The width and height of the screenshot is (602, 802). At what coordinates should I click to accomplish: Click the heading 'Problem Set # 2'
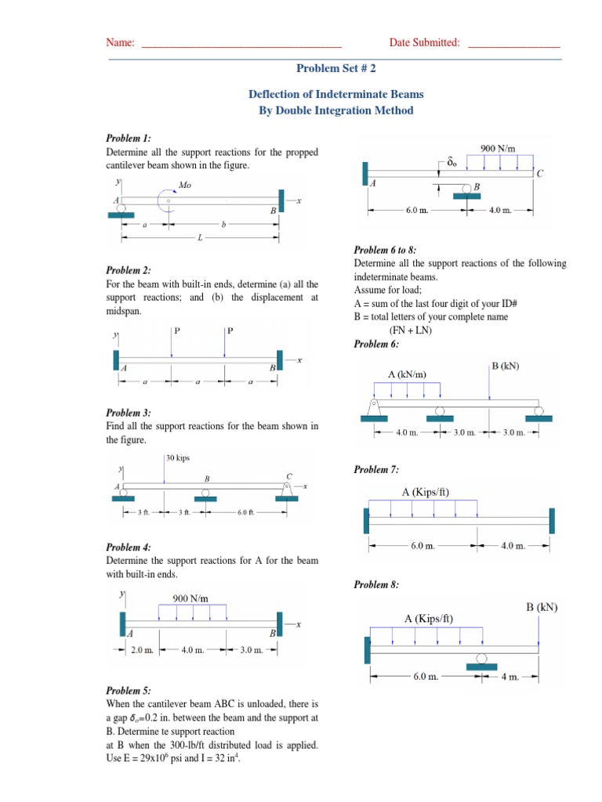click(x=335, y=69)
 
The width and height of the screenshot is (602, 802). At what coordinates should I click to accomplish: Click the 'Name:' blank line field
click(x=241, y=43)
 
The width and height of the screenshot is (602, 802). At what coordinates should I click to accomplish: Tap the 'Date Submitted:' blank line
click(x=513, y=43)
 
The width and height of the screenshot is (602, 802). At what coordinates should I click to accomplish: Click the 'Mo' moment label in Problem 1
click(x=185, y=186)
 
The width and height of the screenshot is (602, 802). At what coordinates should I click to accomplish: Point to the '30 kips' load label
click(x=178, y=457)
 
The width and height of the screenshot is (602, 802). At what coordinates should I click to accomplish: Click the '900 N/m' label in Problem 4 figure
click(x=191, y=598)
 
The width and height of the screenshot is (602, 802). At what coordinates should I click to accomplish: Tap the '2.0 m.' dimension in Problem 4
click(x=141, y=649)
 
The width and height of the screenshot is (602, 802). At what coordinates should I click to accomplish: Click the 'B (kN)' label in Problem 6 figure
click(x=505, y=366)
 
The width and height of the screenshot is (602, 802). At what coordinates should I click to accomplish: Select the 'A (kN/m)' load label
click(x=407, y=374)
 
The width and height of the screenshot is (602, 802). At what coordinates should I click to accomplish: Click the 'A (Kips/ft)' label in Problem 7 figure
click(x=426, y=492)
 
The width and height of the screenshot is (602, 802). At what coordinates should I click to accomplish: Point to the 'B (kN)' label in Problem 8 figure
click(x=541, y=607)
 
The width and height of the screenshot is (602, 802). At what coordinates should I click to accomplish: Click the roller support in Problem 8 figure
click(x=481, y=661)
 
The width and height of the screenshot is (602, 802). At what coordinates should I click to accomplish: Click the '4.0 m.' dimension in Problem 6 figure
click(x=407, y=432)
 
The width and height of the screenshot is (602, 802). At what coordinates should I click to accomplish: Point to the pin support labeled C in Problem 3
click(x=288, y=489)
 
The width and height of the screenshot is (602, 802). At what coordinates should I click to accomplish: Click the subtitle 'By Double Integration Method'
click(x=335, y=110)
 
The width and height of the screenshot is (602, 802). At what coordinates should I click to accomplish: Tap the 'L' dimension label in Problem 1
click(x=200, y=237)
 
